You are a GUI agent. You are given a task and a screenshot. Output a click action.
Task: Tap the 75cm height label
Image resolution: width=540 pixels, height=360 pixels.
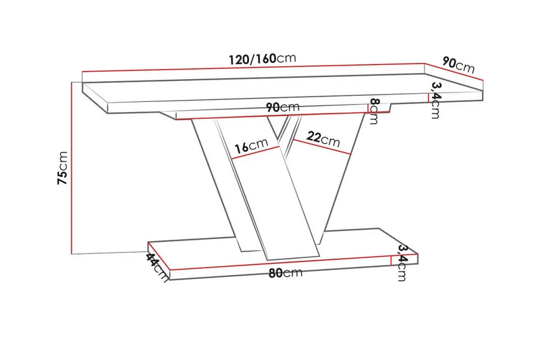point(62,168)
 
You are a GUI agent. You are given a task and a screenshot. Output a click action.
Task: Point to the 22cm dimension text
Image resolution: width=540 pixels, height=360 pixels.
point(323,138)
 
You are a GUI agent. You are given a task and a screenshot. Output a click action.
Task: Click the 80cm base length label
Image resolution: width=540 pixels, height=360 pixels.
point(283,274)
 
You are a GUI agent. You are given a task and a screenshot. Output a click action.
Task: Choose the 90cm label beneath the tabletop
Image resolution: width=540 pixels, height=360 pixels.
point(282,107)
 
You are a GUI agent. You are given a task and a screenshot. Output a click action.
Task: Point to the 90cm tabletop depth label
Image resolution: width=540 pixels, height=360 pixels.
point(458,65)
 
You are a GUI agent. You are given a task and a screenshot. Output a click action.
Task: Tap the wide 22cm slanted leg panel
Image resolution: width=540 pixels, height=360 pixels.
point(317,182)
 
